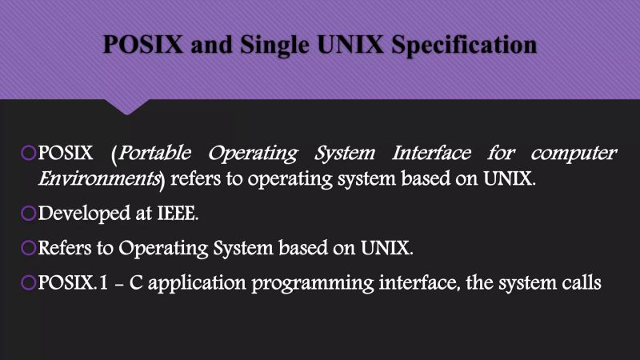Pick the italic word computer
[574, 152]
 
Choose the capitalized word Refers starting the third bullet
[65, 249]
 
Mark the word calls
[580, 283]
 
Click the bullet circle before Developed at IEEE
[30, 214]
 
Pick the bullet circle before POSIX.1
[30, 283]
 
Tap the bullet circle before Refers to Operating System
[30, 249]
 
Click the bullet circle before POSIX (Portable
[30, 152]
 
